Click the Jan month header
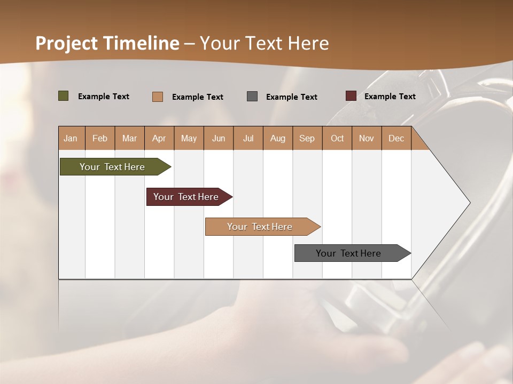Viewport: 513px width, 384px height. pyautogui.click(x=71, y=138)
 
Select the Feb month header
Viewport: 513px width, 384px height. pyautogui.click(x=100, y=138)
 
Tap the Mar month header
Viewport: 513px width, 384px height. pyautogui.click(x=129, y=138)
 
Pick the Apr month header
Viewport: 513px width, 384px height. pyautogui.click(x=159, y=138)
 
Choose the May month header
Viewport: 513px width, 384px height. pyautogui.click(x=189, y=138)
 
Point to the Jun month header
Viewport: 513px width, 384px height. pyautogui.click(x=219, y=138)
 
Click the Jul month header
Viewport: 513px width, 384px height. pyautogui.click(x=248, y=138)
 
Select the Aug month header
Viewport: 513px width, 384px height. pyautogui.click(x=278, y=138)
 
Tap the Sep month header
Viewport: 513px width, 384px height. pyautogui.click(x=307, y=138)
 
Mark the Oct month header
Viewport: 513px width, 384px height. pyautogui.click(x=337, y=138)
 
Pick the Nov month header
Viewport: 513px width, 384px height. pyautogui.click(x=367, y=138)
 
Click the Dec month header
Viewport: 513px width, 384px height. pyautogui.click(x=397, y=138)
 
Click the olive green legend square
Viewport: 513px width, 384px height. pyautogui.click(x=63, y=96)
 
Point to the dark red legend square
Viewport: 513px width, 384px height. pyautogui.click(x=351, y=96)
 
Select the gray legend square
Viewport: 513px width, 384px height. pyautogui.click(x=252, y=96)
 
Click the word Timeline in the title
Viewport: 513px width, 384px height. pyautogui.click(x=141, y=43)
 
